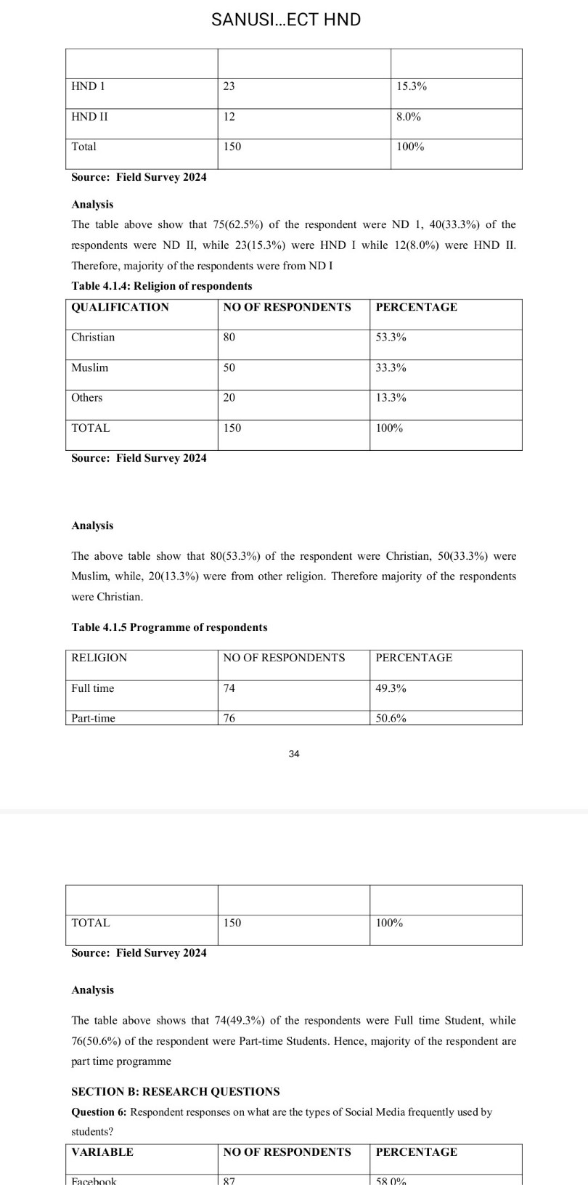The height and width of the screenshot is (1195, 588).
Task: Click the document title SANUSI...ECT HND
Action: (286, 20)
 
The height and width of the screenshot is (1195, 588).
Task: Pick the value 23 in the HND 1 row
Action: (229, 86)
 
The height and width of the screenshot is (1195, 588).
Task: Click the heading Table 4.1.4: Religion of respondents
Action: (162, 286)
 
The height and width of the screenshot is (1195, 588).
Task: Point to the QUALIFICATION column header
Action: (120, 307)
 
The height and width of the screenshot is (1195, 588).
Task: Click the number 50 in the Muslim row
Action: (229, 368)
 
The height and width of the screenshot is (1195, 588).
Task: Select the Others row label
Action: (87, 398)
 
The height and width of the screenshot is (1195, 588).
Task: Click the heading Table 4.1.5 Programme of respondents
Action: (169, 627)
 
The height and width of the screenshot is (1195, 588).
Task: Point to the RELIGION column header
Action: (99, 658)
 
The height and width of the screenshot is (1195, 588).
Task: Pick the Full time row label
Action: (93, 688)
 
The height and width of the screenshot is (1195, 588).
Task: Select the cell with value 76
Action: (229, 718)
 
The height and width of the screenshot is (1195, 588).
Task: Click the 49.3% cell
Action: (391, 688)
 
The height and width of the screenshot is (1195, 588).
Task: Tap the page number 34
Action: (293, 754)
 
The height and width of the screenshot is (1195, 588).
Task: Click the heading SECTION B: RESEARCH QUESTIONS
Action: (175, 1092)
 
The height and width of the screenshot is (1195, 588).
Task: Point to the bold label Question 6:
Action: (99, 1112)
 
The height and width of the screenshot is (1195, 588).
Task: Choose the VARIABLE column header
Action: (102, 1152)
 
